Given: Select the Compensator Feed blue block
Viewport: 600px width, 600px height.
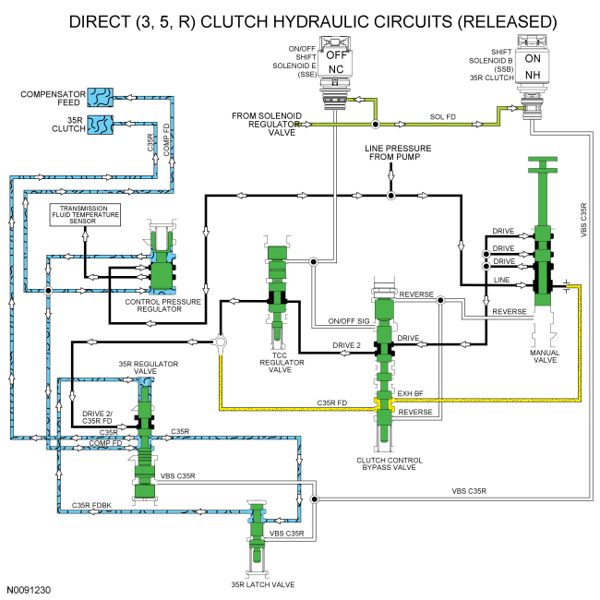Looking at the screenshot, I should (99, 96).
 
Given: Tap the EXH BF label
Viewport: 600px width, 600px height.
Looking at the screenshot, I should (409, 393).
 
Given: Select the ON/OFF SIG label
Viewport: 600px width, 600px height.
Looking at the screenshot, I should (348, 322).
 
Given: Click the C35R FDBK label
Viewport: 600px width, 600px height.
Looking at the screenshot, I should (92, 505).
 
